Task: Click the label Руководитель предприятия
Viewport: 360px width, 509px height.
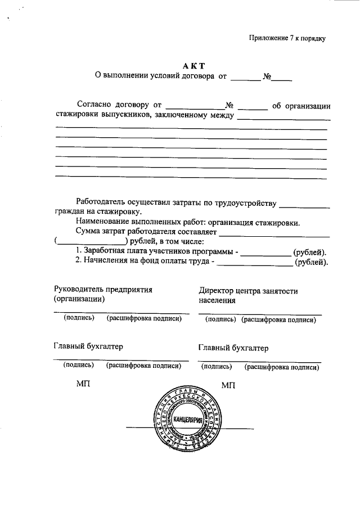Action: click(103, 289)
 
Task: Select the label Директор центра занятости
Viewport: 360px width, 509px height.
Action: click(248, 291)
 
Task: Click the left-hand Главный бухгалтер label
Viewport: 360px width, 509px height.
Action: click(88, 346)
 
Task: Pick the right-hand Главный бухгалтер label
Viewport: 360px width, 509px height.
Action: click(233, 348)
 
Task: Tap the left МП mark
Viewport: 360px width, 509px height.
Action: click(83, 385)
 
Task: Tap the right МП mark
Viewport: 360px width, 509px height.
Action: click(228, 385)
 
